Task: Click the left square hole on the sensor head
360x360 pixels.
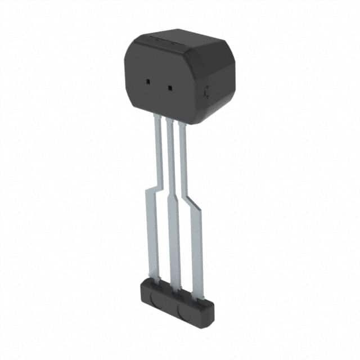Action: (x=147, y=82)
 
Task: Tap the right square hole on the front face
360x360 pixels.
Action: (x=168, y=87)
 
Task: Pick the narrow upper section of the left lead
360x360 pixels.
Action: (x=158, y=146)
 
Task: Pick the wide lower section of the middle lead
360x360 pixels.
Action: (x=172, y=242)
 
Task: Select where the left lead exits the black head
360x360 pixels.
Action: (x=157, y=115)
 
